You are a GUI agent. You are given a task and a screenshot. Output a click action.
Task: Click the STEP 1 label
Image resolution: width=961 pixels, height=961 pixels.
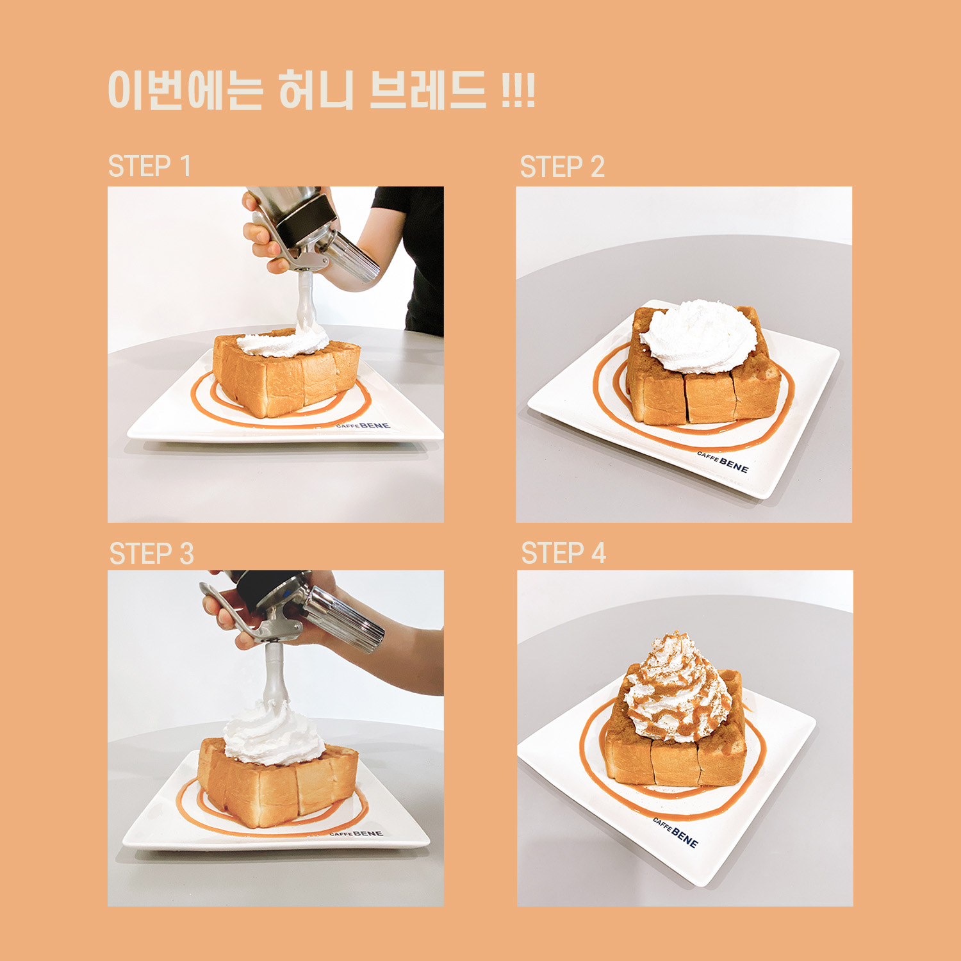coord(149,167)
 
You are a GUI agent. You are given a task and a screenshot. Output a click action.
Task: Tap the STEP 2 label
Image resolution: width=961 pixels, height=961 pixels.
coord(562,167)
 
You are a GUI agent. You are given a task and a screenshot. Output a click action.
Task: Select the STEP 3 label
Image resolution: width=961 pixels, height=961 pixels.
coord(151,554)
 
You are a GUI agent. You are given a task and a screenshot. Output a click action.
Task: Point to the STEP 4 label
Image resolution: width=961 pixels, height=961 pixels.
coord(563,553)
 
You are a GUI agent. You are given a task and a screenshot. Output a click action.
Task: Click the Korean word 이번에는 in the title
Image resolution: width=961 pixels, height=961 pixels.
coord(185,90)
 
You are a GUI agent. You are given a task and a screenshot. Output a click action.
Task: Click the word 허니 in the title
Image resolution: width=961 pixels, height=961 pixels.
coord(316,90)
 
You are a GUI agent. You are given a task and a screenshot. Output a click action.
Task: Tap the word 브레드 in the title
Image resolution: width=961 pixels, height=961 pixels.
coord(428,90)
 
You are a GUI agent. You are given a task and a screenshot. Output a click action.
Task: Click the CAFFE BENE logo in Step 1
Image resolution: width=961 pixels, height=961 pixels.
coord(363,425)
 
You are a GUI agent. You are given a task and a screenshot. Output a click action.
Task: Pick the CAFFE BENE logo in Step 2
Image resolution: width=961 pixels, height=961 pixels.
coord(723,462)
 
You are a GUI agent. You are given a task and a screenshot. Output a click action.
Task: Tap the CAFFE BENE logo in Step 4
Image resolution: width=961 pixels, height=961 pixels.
coord(675,832)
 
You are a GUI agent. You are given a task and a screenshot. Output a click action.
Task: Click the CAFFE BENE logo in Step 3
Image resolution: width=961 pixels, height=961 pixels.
coord(356,834)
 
